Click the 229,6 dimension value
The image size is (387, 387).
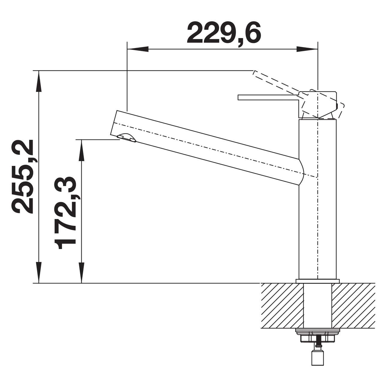tap(224, 33)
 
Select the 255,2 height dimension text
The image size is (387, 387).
tap(22, 176)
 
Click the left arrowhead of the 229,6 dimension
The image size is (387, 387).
tap(138, 49)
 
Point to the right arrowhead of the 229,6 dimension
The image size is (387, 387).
tap(307, 49)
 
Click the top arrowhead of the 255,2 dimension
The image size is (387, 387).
tap(39, 81)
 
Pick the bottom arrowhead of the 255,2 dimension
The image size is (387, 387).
tap(39, 272)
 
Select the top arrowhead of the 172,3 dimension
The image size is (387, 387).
tap(81, 150)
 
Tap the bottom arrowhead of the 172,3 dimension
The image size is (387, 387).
tap(81, 272)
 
